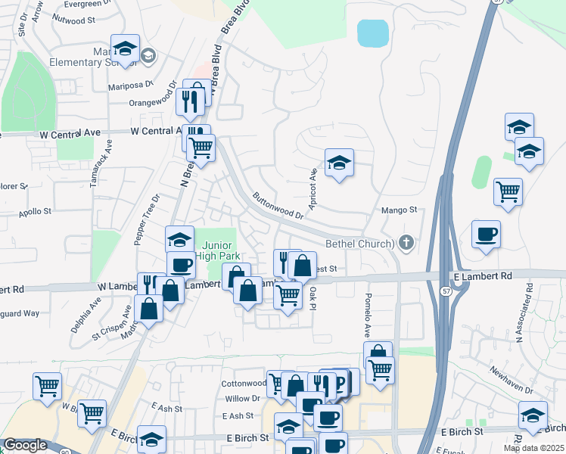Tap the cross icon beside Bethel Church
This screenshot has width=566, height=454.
[x=406, y=243]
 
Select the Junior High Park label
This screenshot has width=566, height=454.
[x=217, y=250]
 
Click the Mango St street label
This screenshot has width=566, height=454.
[x=400, y=210]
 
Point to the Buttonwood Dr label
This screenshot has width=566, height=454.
[x=278, y=205]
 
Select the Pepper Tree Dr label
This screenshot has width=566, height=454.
[x=147, y=219]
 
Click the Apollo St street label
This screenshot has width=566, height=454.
[x=36, y=212]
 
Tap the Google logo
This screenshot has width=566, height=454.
[x=25, y=445]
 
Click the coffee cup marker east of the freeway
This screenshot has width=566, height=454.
[x=487, y=233]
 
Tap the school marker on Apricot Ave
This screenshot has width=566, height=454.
[x=340, y=162]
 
